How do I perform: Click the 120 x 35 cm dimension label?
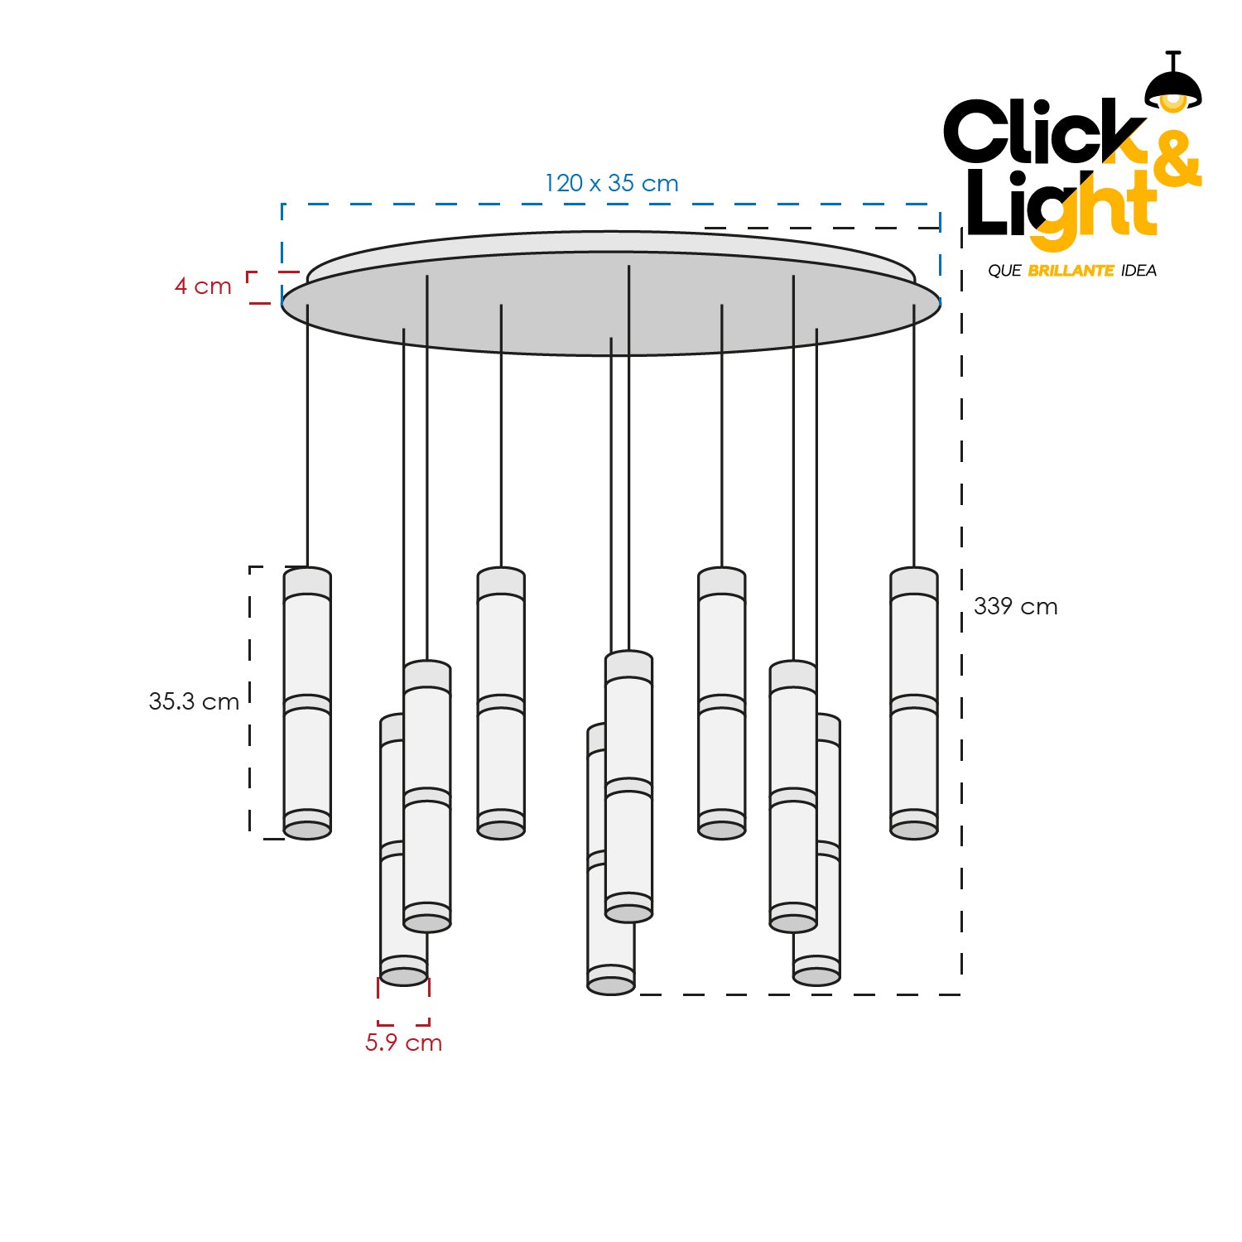tap(611, 183)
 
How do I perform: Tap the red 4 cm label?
tap(203, 286)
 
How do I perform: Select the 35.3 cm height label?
tap(194, 701)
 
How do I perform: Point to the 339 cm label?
tap(1015, 606)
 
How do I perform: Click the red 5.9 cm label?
tap(403, 1042)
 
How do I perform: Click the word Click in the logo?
tap(1045, 132)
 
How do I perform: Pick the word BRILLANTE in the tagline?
tap(1071, 271)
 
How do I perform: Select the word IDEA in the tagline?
tap(1138, 271)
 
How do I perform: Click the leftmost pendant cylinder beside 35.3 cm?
tap(307, 703)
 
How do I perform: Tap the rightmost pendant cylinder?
tap(914, 703)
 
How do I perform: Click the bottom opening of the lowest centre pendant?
tap(611, 985)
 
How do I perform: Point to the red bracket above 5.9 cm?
tap(403, 1001)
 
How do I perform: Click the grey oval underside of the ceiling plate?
tap(611, 315)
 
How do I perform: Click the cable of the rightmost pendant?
tap(914, 436)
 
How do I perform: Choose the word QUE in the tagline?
tap(1004, 271)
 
